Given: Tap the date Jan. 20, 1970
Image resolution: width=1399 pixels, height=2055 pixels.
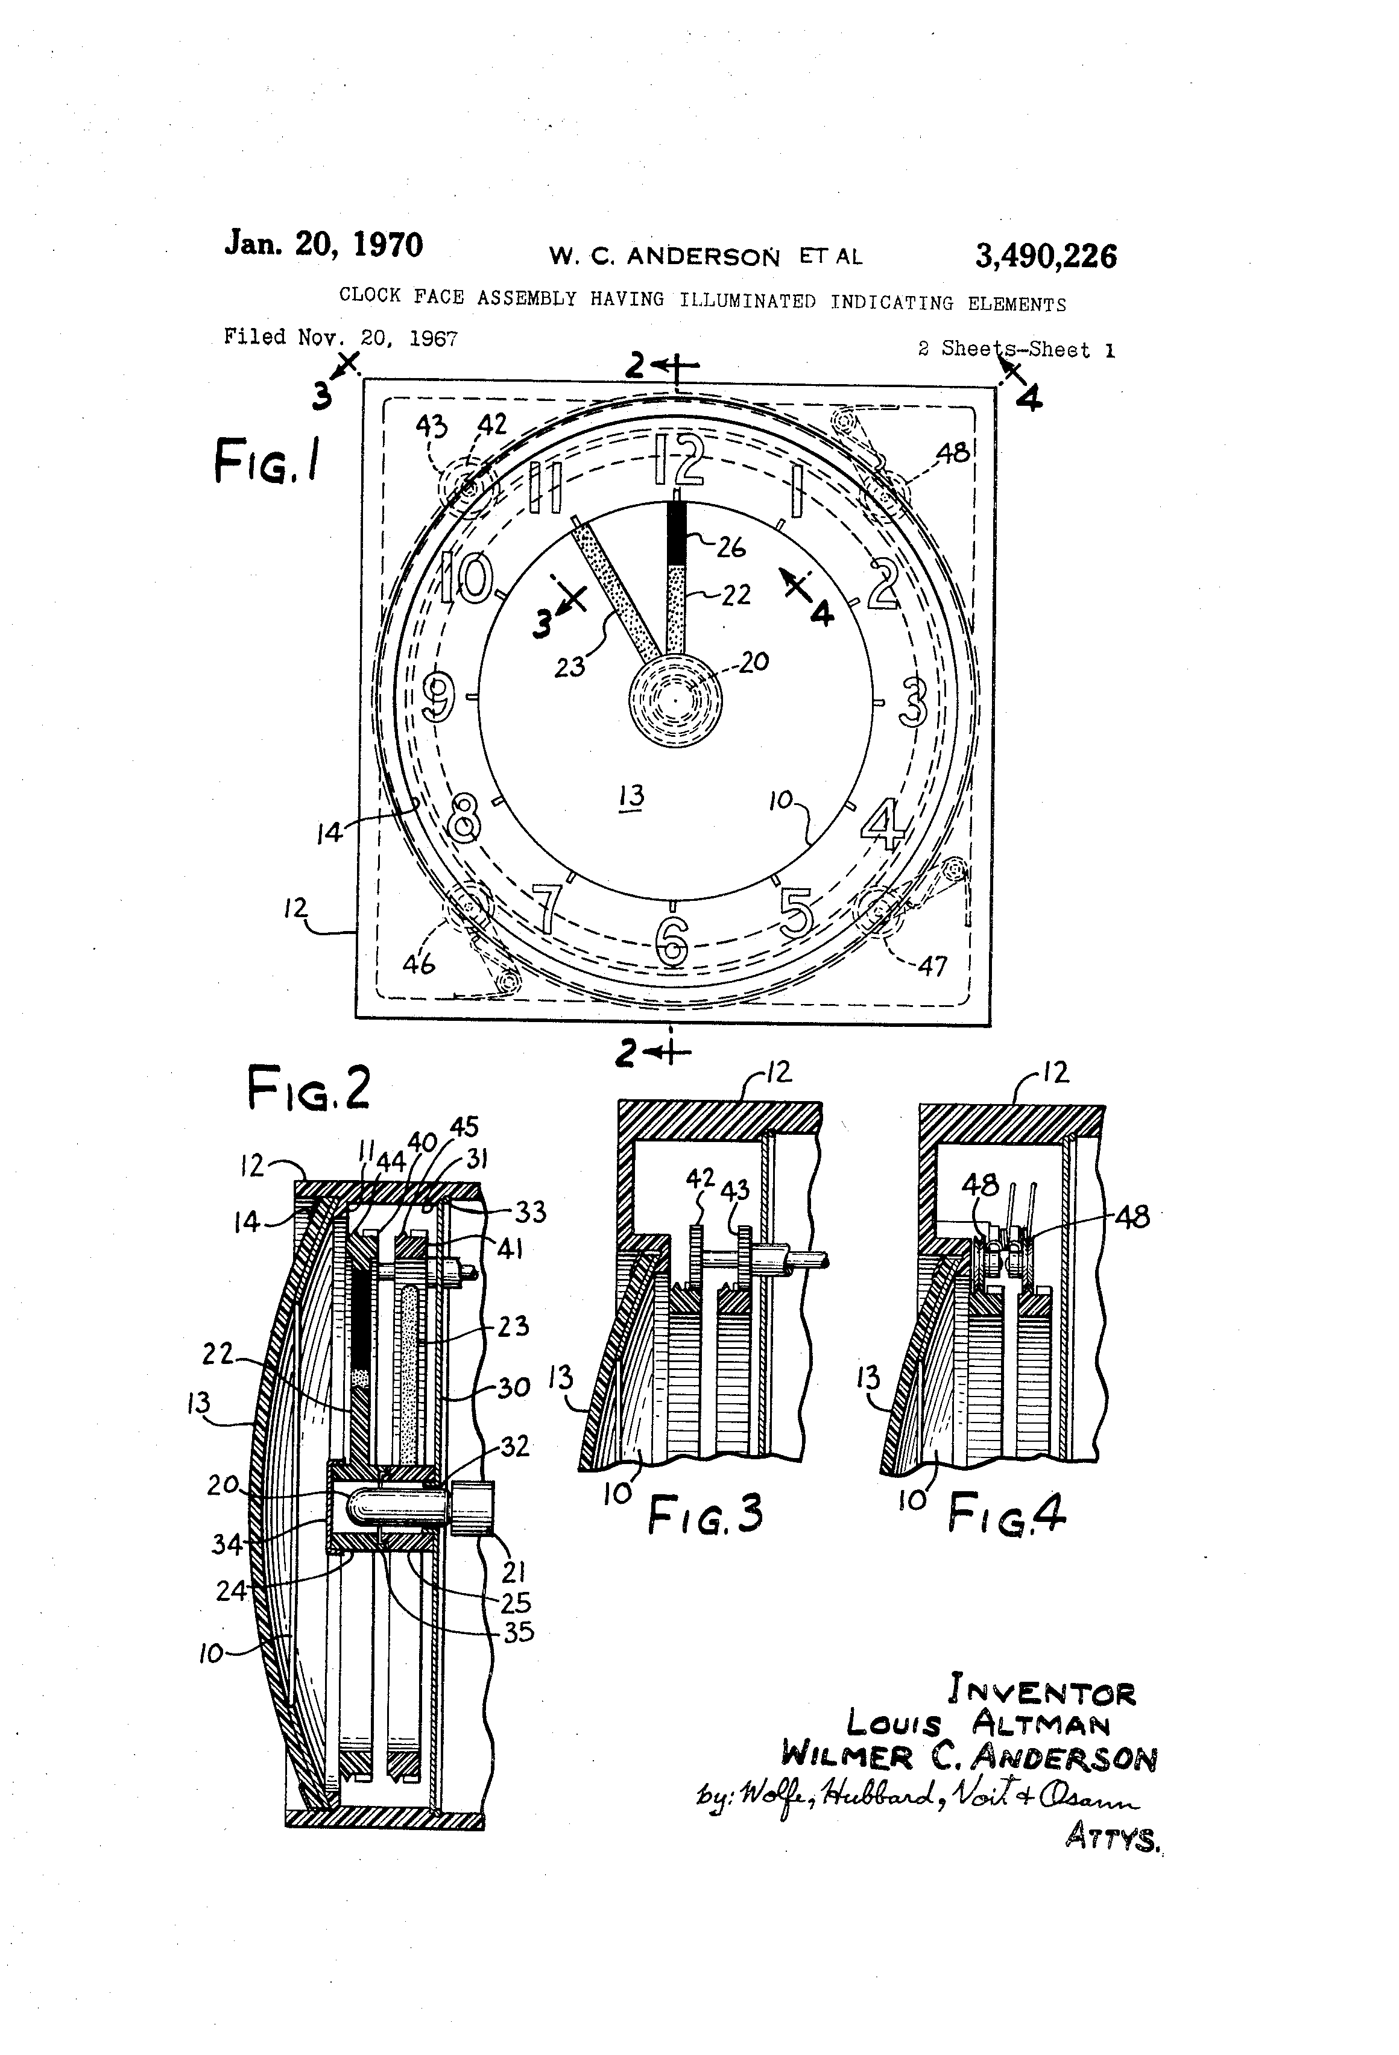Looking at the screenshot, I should [324, 244].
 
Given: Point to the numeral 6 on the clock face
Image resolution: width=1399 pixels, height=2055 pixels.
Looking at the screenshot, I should [672, 940].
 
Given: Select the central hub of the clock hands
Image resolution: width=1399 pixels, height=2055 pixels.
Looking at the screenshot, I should [675, 700].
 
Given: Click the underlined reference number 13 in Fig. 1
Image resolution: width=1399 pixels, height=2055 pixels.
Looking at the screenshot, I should [631, 796].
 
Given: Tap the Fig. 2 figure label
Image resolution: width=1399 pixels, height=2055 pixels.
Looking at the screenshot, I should [308, 1088].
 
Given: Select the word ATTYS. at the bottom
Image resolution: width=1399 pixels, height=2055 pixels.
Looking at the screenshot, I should [1113, 1839].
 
